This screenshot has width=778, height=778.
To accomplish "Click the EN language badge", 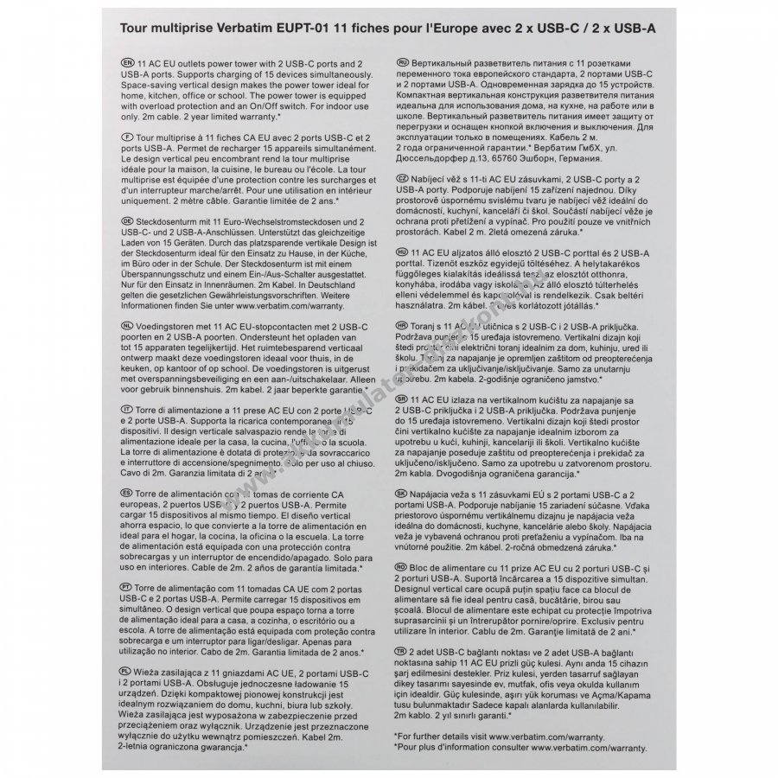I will pyautogui.click(x=129, y=64).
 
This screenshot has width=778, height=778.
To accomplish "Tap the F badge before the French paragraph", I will pyautogui.click(x=129, y=137).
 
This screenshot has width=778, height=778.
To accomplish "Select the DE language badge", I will pyautogui.click(x=129, y=221).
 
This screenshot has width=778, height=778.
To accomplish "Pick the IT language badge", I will pyautogui.click(x=129, y=407).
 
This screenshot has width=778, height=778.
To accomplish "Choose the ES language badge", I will pyautogui.click(x=129, y=490).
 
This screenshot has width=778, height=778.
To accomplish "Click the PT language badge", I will pyautogui.click(x=129, y=584).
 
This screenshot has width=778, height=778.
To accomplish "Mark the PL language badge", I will pyautogui.click(x=129, y=668).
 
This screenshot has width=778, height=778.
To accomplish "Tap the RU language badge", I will pyautogui.click(x=402, y=64).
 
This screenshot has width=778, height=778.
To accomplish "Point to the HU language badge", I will pyautogui.click(x=402, y=250).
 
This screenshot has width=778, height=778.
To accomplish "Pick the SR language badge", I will pyautogui.click(x=402, y=399).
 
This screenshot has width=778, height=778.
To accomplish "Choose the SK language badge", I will pyautogui.click(x=402, y=490).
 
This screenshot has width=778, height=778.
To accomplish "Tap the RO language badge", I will pyautogui.click(x=402, y=564).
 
